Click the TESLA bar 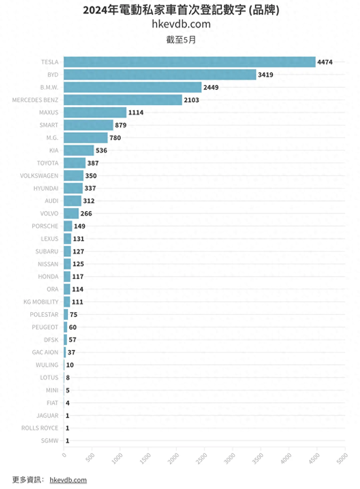click(189, 62)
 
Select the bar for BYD click(160, 74)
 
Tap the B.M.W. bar click(132, 87)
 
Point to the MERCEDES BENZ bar click(123, 100)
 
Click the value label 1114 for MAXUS click(136, 113)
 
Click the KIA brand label click(53, 150)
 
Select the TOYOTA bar click(74, 163)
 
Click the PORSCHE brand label click(45, 226)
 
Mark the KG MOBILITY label click(40, 302)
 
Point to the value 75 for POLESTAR click(74, 315)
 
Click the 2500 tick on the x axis click(202, 458)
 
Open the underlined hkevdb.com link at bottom click(68, 480)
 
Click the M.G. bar click(85, 138)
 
